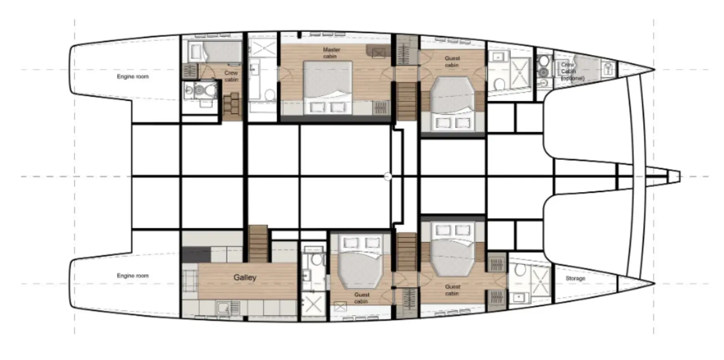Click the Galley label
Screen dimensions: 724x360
(x=245, y=277)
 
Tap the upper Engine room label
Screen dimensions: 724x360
(x=133, y=76)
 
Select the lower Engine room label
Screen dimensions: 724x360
(x=133, y=276)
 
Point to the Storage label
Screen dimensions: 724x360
(x=575, y=278)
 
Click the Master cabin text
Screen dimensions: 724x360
(x=331, y=53)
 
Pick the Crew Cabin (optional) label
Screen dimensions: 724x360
(x=572, y=72)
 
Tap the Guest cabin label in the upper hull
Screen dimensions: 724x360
(x=452, y=62)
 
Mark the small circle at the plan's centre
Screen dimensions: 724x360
(x=387, y=176)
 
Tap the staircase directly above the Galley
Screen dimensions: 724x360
(x=258, y=244)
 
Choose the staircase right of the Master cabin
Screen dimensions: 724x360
(x=406, y=101)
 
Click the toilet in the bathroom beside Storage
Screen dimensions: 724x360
(x=520, y=270)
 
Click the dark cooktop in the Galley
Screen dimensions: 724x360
(x=196, y=254)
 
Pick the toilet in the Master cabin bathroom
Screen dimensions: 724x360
(x=270, y=95)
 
